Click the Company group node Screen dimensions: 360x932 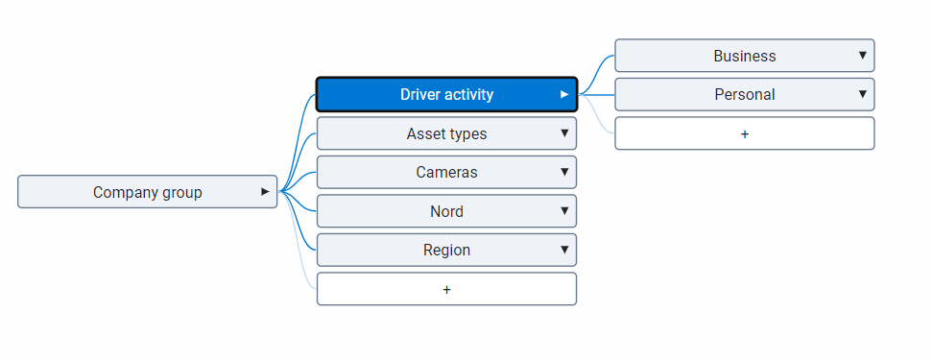(x=147, y=192)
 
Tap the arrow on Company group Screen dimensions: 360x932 (x=265, y=192)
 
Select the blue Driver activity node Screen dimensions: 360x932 (x=446, y=94)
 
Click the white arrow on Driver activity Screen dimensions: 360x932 (x=564, y=94)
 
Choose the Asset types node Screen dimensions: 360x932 (x=446, y=133)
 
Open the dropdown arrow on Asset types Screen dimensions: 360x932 (x=564, y=133)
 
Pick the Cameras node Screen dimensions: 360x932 (x=446, y=173)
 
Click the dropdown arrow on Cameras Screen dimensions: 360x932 (x=564, y=172)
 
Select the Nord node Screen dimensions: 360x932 (x=446, y=211)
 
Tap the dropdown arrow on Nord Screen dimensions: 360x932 (x=564, y=211)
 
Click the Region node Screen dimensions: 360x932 (x=446, y=250)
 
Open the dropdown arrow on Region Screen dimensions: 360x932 (x=564, y=250)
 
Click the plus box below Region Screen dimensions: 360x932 (x=446, y=289)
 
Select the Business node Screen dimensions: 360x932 (x=744, y=56)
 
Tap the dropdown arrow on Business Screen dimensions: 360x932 (x=863, y=56)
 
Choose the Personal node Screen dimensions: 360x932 (x=744, y=94)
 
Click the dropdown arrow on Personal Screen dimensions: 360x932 (x=863, y=94)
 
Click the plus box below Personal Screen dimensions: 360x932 (x=744, y=133)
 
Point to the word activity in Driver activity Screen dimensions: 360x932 (x=468, y=94)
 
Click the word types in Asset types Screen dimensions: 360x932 (x=467, y=133)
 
